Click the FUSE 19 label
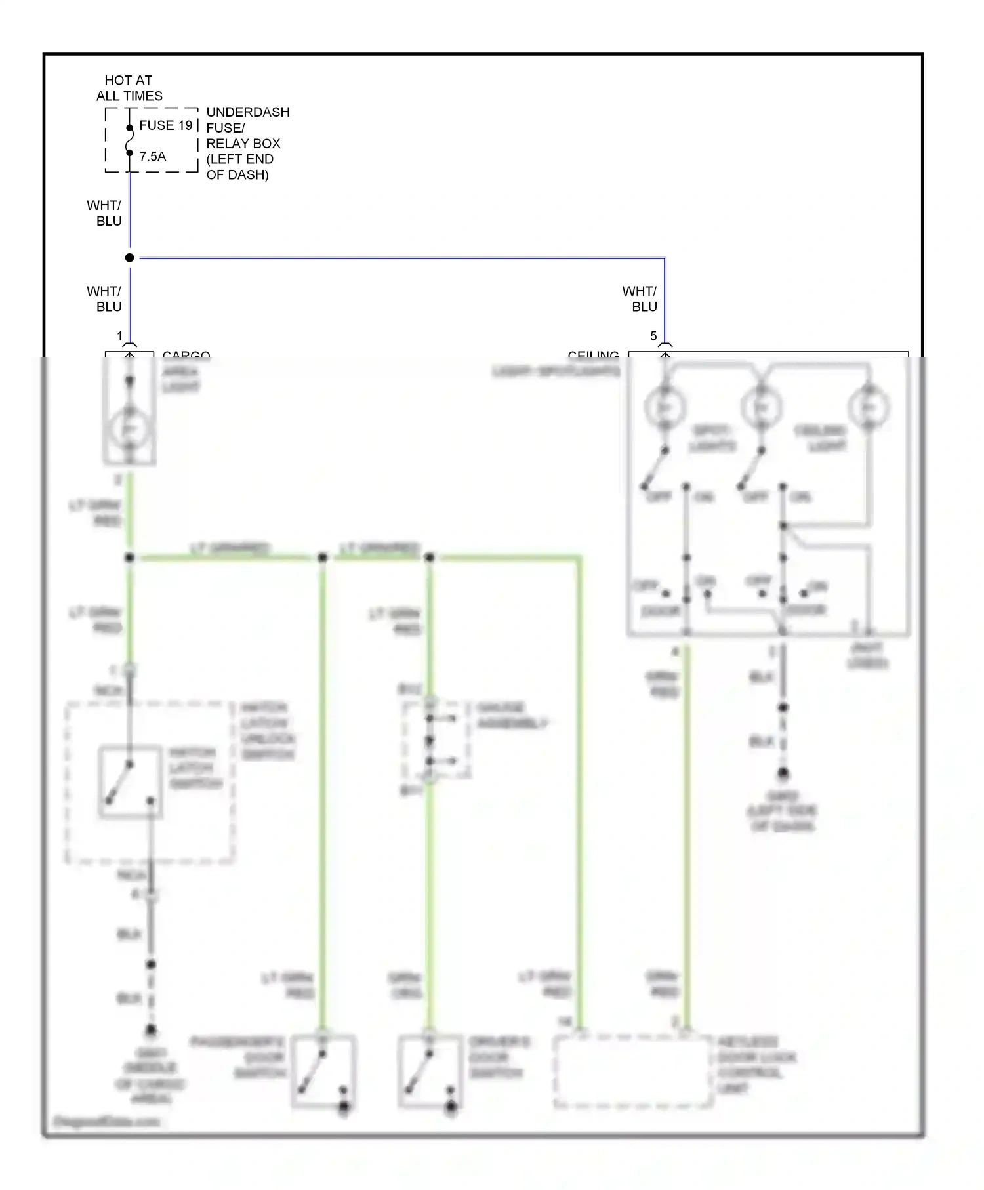tap(165, 125)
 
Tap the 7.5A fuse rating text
tap(152, 156)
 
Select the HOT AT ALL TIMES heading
tap(129, 88)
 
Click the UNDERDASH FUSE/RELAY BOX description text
tap(247, 143)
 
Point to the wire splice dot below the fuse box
tap(130, 258)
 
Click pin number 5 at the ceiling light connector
tap(653, 336)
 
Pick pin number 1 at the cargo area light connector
tap(120, 336)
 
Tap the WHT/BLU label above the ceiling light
tap(640, 298)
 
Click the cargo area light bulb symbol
tap(129, 429)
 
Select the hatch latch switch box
tap(130, 781)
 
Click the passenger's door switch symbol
tap(323, 1071)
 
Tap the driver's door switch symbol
tap(430, 1071)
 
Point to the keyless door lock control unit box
tap(632, 1072)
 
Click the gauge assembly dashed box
tap(436, 740)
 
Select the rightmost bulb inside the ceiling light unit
tap(868, 408)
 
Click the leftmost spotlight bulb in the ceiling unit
tap(665, 408)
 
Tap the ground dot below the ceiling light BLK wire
tap(783, 774)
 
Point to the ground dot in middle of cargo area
tap(151, 1031)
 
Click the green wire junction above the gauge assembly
tap(430, 558)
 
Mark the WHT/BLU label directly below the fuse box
tap(104, 213)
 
